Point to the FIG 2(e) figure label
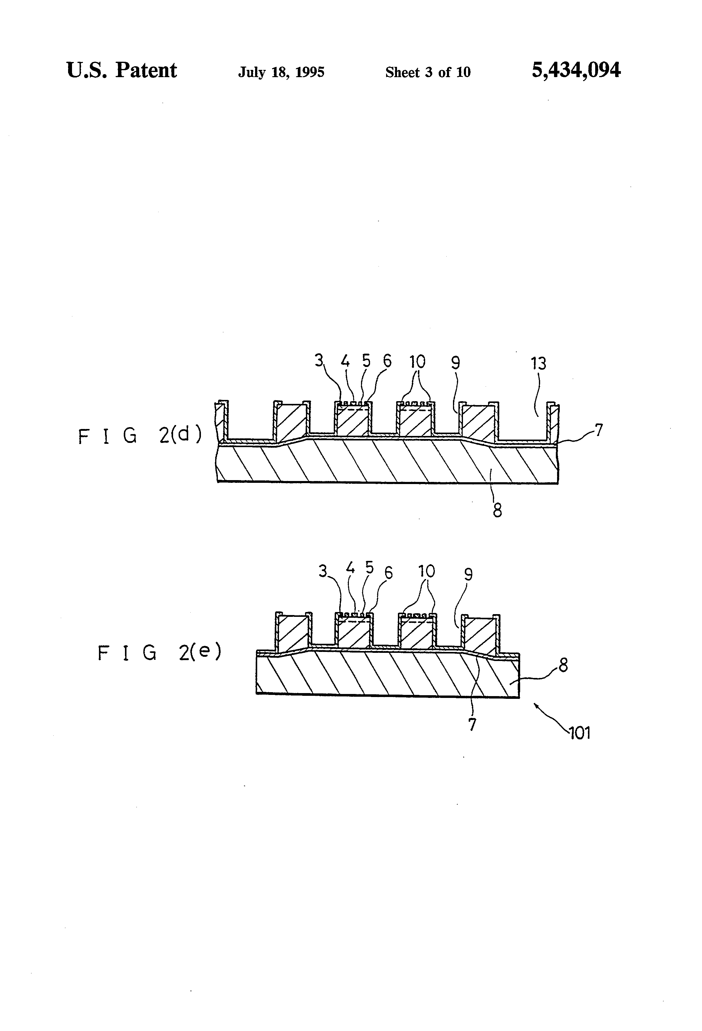coord(159,653)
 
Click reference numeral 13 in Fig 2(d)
coord(538,363)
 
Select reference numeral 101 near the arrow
coord(579,733)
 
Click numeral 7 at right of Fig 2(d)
coord(598,430)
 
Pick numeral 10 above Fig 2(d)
coord(417,362)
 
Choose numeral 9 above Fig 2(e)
coord(468,574)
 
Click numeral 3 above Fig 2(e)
coord(323,571)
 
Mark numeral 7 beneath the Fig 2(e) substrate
coord(472,725)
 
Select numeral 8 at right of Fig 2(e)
coord(563,666)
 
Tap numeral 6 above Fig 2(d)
coord(387,362)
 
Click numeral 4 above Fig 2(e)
coord(350,568)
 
